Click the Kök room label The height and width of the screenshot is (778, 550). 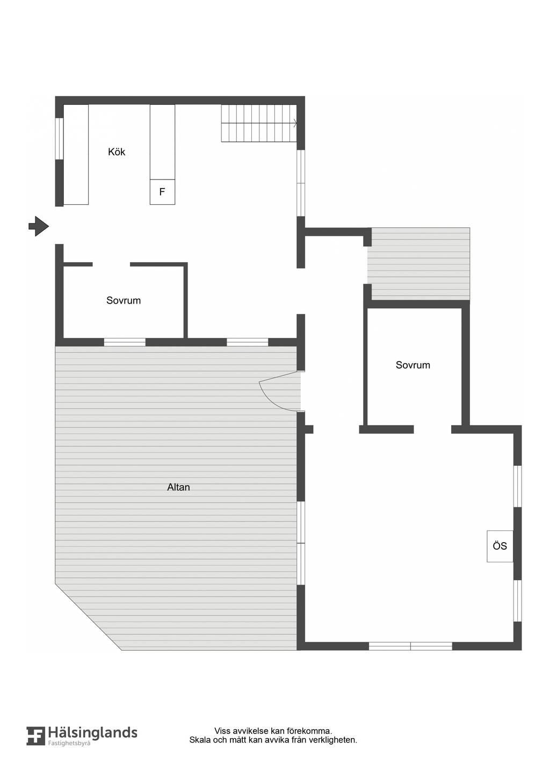117,152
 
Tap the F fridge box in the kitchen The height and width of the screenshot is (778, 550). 162,192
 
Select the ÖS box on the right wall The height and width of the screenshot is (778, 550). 500,546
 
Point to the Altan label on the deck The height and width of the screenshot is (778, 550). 178,487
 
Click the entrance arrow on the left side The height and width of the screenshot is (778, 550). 39,226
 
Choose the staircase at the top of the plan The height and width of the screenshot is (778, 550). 259,123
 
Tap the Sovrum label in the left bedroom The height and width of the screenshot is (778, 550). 124,300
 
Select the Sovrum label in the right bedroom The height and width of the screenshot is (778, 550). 413,365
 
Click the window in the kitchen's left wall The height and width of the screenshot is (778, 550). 60,139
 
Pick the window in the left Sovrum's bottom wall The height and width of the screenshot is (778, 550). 125,342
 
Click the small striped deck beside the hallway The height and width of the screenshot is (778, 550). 419,264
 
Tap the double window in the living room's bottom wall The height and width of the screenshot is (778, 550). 410,646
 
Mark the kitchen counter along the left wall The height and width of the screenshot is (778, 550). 76,154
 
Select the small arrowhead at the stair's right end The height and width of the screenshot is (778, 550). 295,123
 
